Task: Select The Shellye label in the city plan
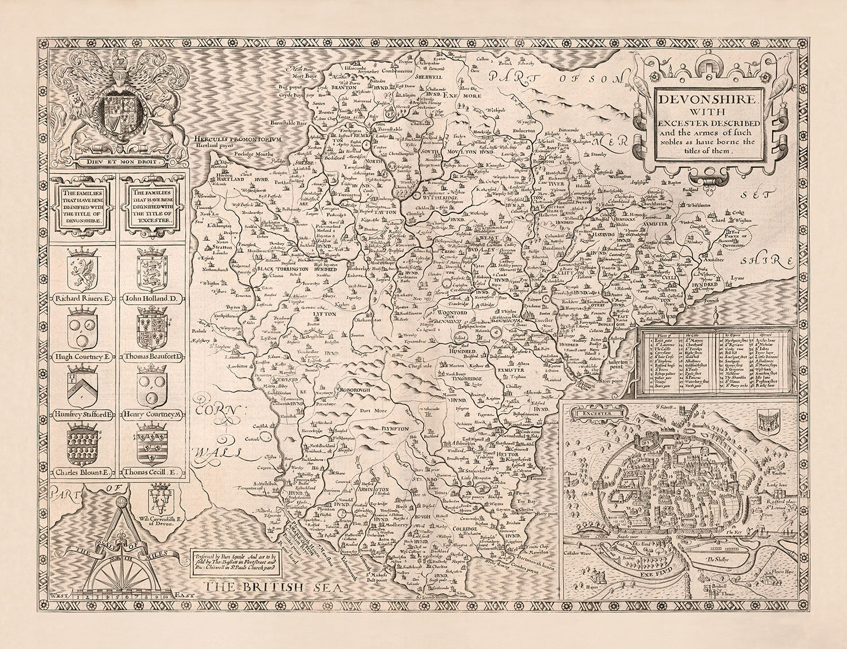pos(719,561)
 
